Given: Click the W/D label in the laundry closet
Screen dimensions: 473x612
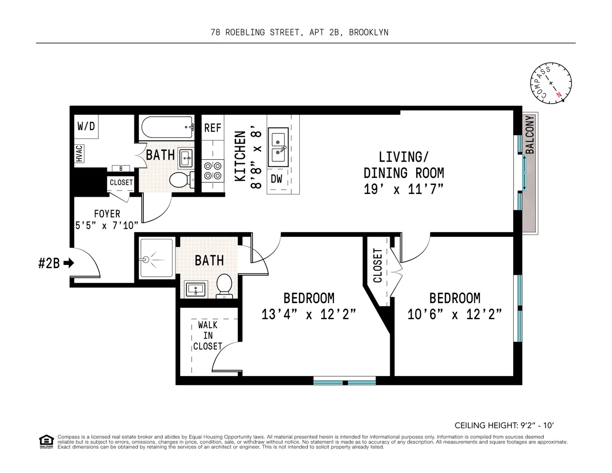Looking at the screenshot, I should point(86,126).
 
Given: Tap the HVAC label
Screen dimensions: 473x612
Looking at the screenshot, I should point(79,154).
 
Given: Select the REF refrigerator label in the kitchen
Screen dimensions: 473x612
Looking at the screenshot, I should point(212,128).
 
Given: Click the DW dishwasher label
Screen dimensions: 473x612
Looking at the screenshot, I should point(276,179).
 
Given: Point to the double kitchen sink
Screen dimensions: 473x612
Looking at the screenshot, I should point(278,147).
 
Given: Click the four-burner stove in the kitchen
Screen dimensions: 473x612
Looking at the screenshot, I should point(212,171).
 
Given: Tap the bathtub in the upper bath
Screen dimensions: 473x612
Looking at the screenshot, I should point(167,127).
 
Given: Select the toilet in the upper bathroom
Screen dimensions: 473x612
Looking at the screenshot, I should point(180,180).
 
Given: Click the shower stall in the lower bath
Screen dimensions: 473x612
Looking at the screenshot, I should point(157,259).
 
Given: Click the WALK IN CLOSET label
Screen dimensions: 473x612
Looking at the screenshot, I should point(208,335).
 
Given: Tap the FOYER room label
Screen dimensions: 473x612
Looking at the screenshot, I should point(107,214).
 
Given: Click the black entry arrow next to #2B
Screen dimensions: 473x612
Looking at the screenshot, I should point(69,263).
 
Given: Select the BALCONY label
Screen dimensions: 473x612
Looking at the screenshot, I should point(530,135).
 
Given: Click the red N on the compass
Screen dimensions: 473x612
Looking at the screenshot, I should point(559,94).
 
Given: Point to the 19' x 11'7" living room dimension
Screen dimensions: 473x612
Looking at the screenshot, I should point(403,190).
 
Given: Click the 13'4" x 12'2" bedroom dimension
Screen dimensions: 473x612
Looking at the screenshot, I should point(308,315).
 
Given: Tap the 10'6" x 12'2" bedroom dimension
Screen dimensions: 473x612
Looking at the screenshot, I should point(454,315).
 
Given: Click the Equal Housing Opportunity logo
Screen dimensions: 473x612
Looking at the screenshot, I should point(46,441).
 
